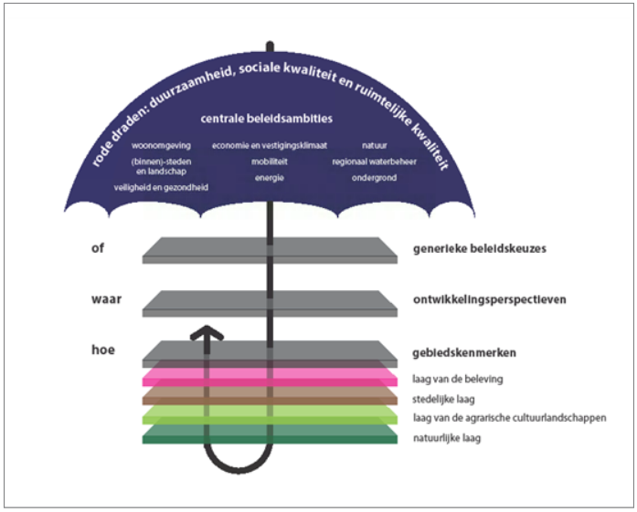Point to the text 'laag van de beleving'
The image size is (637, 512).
pos(457,379)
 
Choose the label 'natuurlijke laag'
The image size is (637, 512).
pos(447,438)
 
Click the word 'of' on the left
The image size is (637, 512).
pos(99,246)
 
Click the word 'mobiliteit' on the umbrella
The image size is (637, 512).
pos(269,162)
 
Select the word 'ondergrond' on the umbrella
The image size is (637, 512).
pos(373,177)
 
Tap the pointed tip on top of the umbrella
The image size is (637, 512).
pos(270,46)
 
